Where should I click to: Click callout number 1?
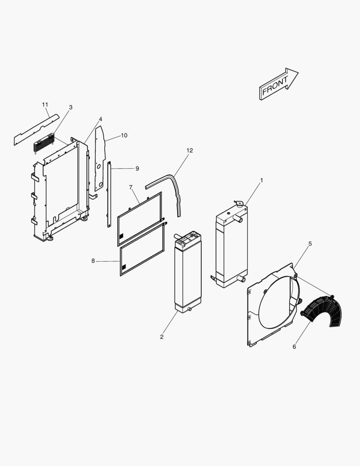pos(261,180)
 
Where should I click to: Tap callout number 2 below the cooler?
pos(162,337)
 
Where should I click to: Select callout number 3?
pos(71,107)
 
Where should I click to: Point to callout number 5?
pos(310,244)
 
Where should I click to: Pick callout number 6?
pos(294,346)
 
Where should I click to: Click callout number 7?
pos(131,187)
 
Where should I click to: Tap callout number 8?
pos(93,261)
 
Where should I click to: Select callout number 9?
pos(137,168)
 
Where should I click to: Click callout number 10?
pos(124,135)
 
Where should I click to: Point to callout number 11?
pos(45,104)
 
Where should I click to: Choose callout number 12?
pos(190,150)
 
